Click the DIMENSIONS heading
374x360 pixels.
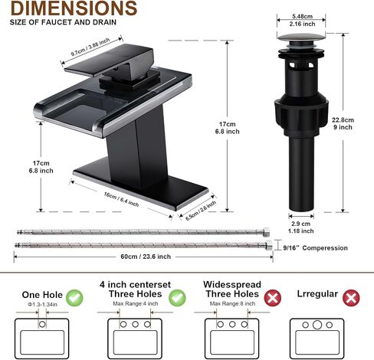[x=74, y=8]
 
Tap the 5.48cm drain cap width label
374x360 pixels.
[x=302, y=16]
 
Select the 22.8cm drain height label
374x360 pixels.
[x=343, y=119]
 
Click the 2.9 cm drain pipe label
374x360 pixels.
[x=301, y=224]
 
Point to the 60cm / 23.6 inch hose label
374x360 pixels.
[x=146, y=257]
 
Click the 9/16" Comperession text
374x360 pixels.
[x=316, y=248]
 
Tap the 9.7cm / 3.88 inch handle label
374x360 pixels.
[x=90, y=47]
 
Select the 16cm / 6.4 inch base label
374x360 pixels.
[x=121, y=199]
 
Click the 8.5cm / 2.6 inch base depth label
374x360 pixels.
[x=201, y=211]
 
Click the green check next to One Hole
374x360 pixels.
[x=74, y=298]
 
